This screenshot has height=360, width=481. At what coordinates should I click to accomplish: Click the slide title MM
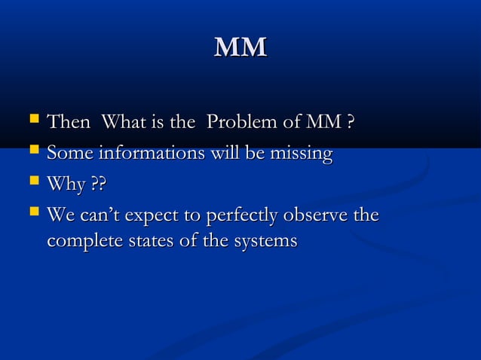pos(240,47)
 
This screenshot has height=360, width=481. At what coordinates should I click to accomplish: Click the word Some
pos(69,154)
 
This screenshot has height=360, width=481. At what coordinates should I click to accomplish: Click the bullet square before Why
pos(32,182)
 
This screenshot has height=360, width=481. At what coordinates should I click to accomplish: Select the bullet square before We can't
pos(32,214)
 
